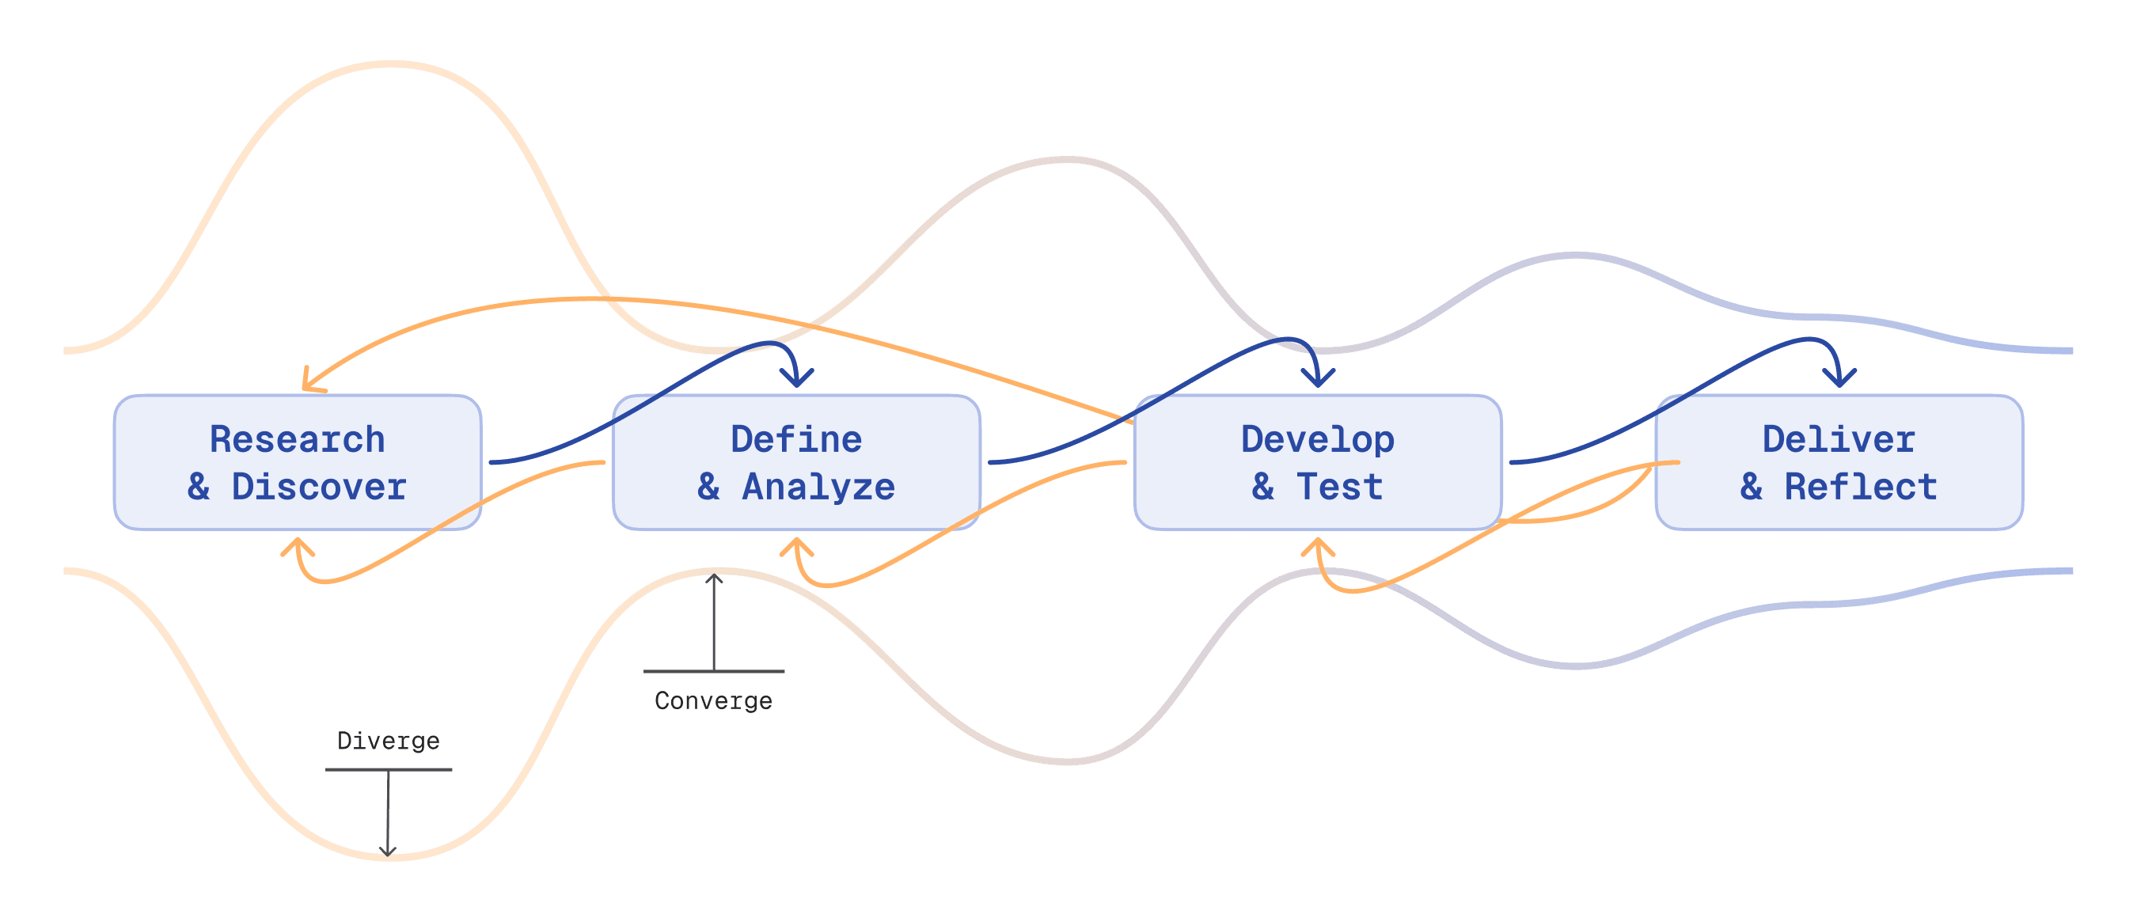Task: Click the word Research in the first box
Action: coord(297,439)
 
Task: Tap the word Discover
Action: coord(320,488)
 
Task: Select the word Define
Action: coord(796,439)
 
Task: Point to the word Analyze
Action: coord(819,488)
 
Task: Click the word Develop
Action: coord(1317,439)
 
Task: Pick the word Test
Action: coord(1340,488)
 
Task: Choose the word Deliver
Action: coord(1839,439)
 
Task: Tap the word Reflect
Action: coord(1861,488)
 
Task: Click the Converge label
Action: coord(713,701)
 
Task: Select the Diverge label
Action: coord(389,741)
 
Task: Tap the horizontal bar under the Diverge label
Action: coord(389,769)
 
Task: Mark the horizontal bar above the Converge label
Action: coord(713,671)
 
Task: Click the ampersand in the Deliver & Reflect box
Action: coord(1752,488)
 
